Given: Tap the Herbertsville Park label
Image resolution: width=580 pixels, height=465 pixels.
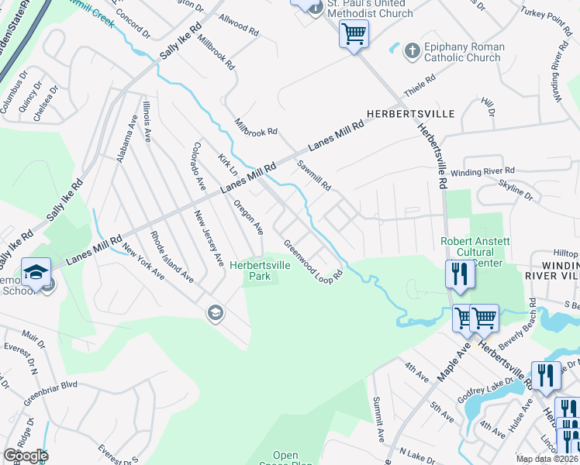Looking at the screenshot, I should [x=260, y=270].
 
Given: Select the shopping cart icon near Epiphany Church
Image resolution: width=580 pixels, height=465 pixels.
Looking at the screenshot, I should [x=354, y=35].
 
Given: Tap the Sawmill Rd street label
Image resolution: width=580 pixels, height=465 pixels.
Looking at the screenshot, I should [x=314, y=176].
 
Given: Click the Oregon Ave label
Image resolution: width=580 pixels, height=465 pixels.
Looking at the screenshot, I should [x=249, y=216].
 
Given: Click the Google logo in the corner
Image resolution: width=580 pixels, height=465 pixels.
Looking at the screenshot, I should [x=26, y=456].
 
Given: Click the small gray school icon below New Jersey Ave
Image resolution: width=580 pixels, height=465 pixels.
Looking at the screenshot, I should [x=214, y=313].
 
